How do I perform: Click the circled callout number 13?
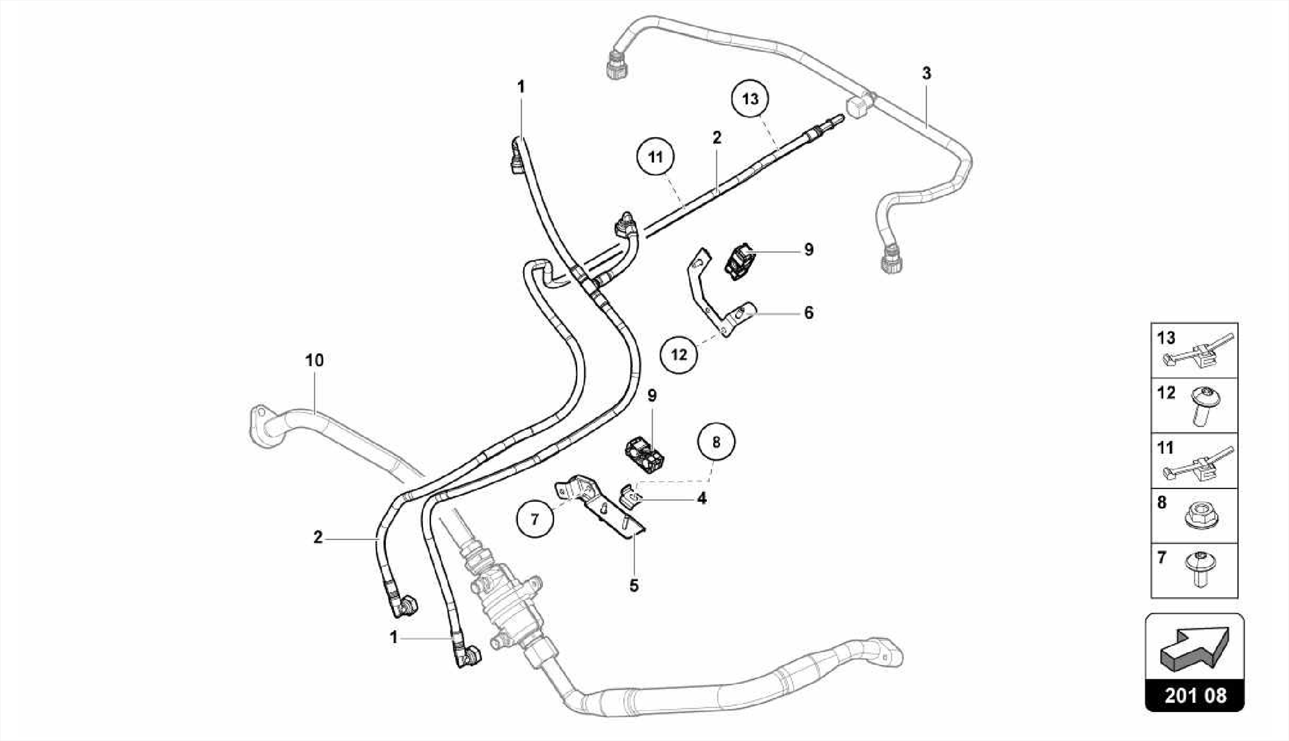point(750,99)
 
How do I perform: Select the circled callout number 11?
point(656,157)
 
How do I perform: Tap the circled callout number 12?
point(679,354)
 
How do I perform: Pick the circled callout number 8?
point(716,442)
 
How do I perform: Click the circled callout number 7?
point(535,519)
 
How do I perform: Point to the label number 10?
point(314,361)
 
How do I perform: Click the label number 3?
point(926,74)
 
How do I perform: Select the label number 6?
point(809,313)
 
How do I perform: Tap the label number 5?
point(634,585)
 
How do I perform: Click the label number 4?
point(702,499)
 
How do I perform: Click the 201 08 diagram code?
point(1195,695)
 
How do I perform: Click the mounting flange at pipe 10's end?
point(257,427)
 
